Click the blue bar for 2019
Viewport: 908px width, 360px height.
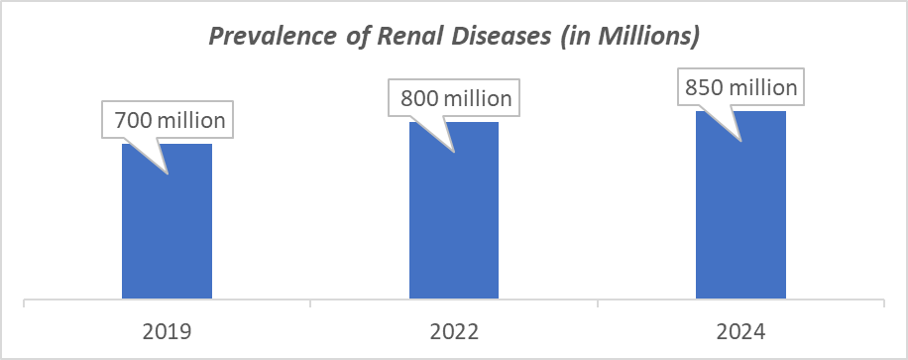[x=167, y=223]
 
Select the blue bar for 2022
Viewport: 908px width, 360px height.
[x=453, y=213]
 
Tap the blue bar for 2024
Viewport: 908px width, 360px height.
[x=740, y=208]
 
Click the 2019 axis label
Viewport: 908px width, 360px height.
[x=167, y=330]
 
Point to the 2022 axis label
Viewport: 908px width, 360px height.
[x=453, y=330]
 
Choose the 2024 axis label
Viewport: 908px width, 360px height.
[x=740, y=330]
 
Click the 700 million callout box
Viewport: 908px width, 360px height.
[x=170, y=122]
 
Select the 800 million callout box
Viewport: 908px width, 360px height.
[x=456, y=99]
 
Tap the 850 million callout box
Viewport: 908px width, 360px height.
[x=741, y=87]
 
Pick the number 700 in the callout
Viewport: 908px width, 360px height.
[x=131, y=122]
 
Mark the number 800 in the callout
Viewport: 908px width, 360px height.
[x=417, y=99]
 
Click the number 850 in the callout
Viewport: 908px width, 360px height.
[x=703, y=87]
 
